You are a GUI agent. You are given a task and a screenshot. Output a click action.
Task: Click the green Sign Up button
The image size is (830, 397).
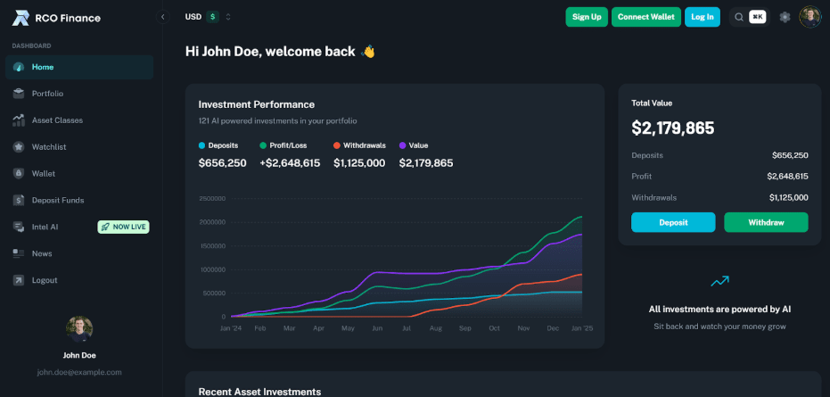tap(586, 17)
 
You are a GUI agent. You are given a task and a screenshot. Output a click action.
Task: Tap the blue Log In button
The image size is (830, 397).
tap(703, 17)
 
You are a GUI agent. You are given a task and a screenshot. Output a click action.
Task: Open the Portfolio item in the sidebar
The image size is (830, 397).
tap(47, 94)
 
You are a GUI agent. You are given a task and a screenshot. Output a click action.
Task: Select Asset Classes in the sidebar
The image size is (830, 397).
tap(57, 120)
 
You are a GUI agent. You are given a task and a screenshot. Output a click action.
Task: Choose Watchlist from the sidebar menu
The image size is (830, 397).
tap(49, 147)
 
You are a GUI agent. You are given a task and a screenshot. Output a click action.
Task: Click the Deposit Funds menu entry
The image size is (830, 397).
tap(58, 200)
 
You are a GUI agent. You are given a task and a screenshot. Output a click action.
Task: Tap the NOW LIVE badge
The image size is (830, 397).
tap(124, 227)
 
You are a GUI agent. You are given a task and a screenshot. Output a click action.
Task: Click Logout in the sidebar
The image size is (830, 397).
tap(45, 280)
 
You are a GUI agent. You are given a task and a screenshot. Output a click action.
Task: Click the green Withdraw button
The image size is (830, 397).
tap(766, 222)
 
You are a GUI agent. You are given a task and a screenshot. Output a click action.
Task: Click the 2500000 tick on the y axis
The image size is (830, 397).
tap(212, 199)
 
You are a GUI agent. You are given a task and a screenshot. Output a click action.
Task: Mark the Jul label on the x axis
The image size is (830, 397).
tap(407, 328)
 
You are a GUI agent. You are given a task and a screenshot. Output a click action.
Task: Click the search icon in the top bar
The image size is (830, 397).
tap(739, 17)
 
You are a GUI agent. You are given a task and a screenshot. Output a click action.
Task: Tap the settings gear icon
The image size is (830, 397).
tap(785, 17)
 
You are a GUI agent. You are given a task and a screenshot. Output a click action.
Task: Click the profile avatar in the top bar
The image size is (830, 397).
tap(809, 17)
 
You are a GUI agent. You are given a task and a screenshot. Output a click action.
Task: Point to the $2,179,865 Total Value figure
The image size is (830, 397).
tap(673, 128)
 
